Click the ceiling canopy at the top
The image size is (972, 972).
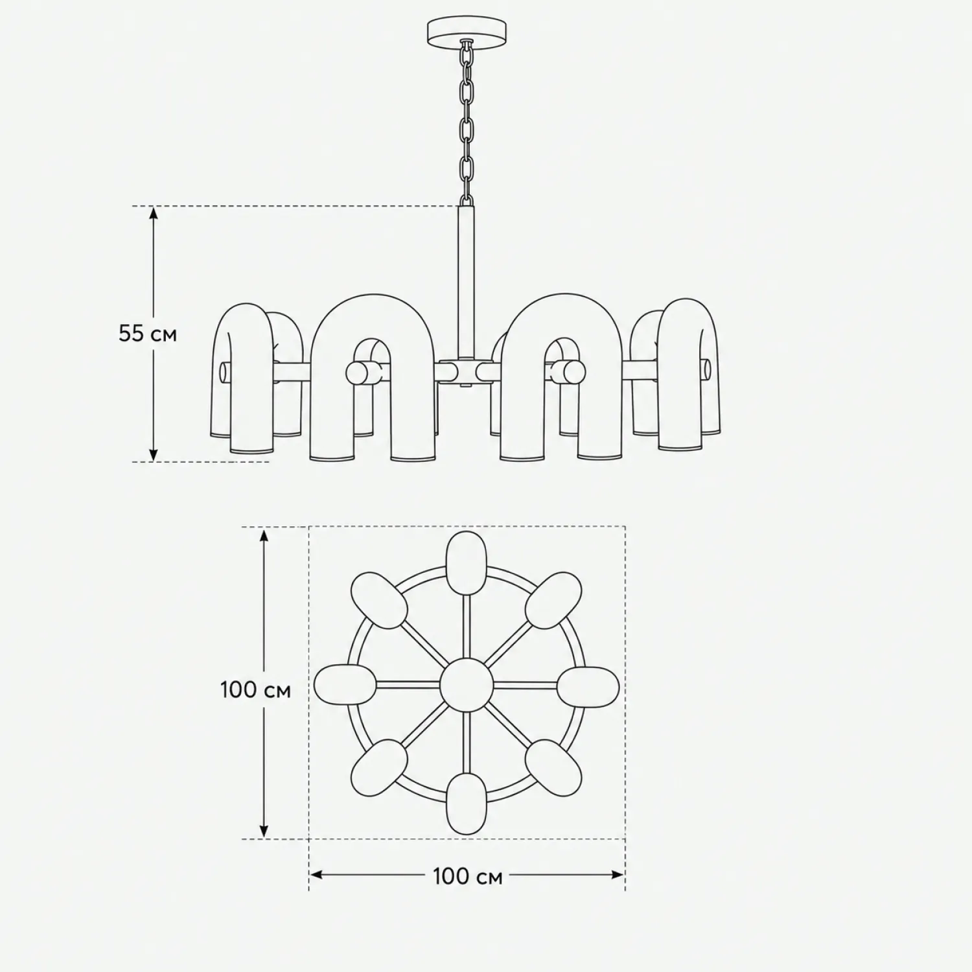click(x=467, y=30)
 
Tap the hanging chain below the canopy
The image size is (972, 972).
click(x=466, y=123)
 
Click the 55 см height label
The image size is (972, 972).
click(x=148, y=334)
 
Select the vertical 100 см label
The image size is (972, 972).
click(x=255, y=689)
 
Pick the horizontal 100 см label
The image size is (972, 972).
click(x=467, y=876)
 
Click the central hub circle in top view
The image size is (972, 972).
click(x=466, y=685)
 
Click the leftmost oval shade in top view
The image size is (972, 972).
click(x=345, y=684)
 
